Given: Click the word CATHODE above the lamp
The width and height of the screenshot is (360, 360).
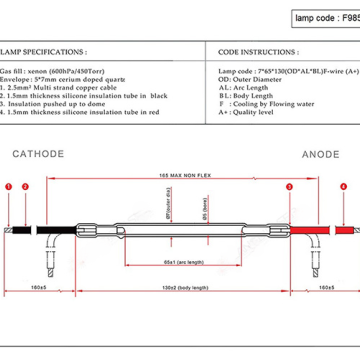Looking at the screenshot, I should [x=39, y=154].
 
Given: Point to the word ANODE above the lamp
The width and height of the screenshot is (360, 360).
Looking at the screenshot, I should [x=321, y=154].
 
